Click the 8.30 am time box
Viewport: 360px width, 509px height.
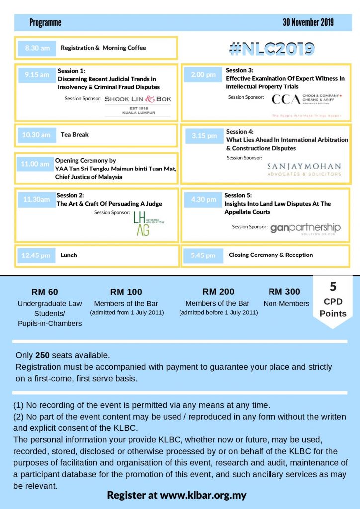(37, 48)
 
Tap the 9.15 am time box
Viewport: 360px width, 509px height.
(37, 75)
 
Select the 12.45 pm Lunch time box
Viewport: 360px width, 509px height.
(36, 255)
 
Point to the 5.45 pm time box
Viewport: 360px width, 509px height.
(203, 255)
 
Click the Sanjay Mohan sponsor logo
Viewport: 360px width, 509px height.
(304, 169)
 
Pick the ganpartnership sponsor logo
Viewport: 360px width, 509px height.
(305, 228)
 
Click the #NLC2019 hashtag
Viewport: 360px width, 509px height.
(271, 48)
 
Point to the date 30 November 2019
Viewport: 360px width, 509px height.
(308, 22)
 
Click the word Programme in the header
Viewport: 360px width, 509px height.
(45, 22)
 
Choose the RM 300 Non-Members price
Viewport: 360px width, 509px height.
(284, 292)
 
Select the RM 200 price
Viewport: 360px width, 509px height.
(218, 292)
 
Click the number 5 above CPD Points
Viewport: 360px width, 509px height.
(333, 287)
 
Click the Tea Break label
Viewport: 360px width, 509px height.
(75, 134)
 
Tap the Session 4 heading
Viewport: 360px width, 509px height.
(240, 132)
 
